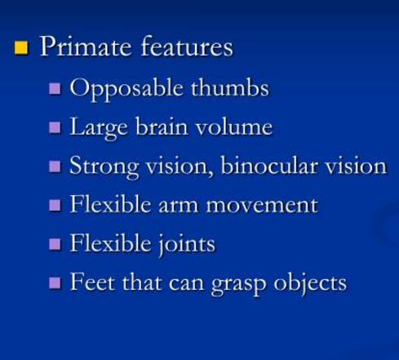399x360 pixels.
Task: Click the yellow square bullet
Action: pos(21,48)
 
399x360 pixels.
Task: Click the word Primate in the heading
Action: pos(86,47)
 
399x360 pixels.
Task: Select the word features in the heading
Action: pos(187,46)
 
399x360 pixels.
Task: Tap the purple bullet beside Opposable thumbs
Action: pos(55,89)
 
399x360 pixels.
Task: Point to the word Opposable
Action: pos(126,89)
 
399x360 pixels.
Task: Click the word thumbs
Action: pos(230,87)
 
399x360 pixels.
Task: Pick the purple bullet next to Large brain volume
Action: pos(55,127)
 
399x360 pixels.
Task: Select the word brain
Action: pos(162,126)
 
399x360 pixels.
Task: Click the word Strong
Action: pos(104,167)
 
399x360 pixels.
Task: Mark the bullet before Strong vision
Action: pos(55,167)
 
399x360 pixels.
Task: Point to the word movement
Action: pos(262,206)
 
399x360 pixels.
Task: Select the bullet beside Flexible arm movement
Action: pos(55,205)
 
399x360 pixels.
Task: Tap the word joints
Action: pos(187,244)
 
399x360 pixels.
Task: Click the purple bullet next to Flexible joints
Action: pos(55,244)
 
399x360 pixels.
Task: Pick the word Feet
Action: pos(92,282)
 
